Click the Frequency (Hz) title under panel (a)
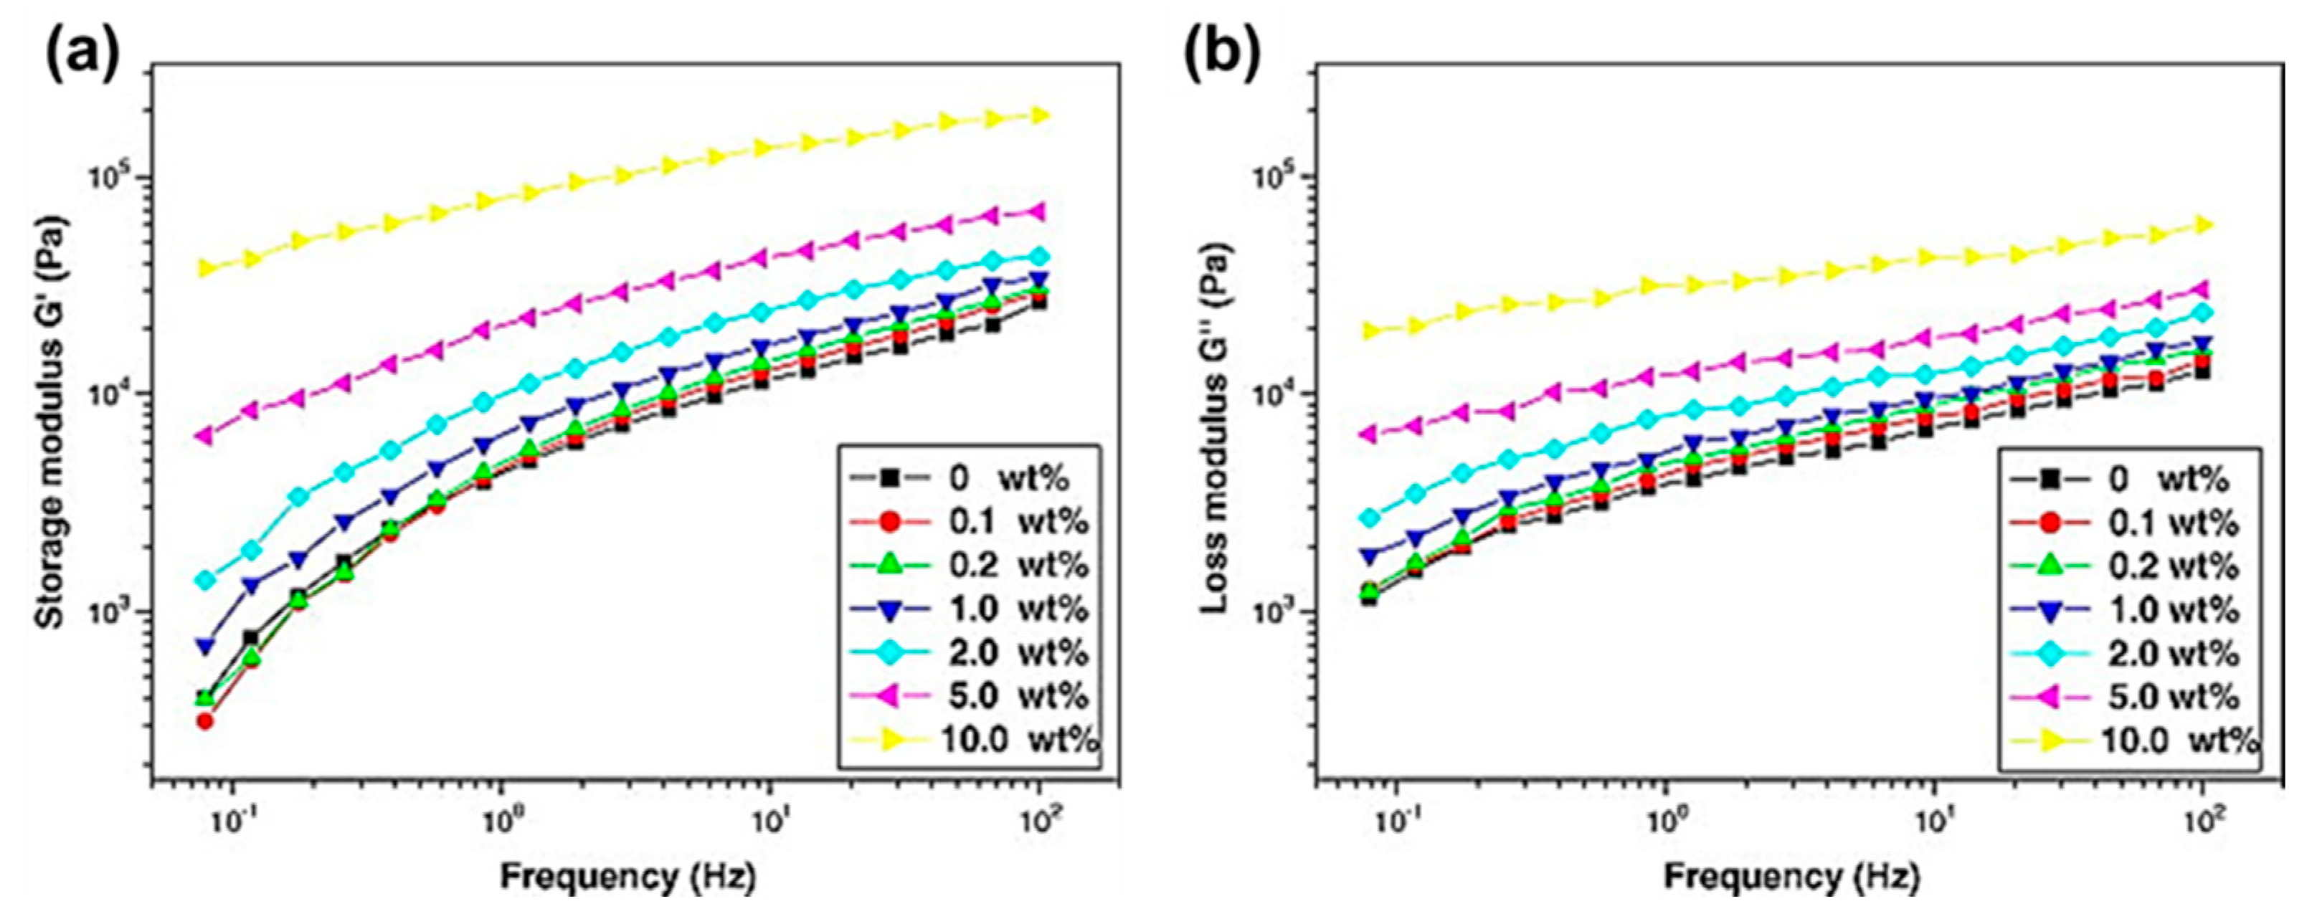click(x=628, y=877)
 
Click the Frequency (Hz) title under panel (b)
click(x=1791, y=877)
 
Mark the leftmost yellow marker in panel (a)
click(x=207, y=267)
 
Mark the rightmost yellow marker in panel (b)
click(x=2202, y=224)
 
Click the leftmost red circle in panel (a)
click(x=207, y=720)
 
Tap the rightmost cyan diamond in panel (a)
click(x=1039, y=257)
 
